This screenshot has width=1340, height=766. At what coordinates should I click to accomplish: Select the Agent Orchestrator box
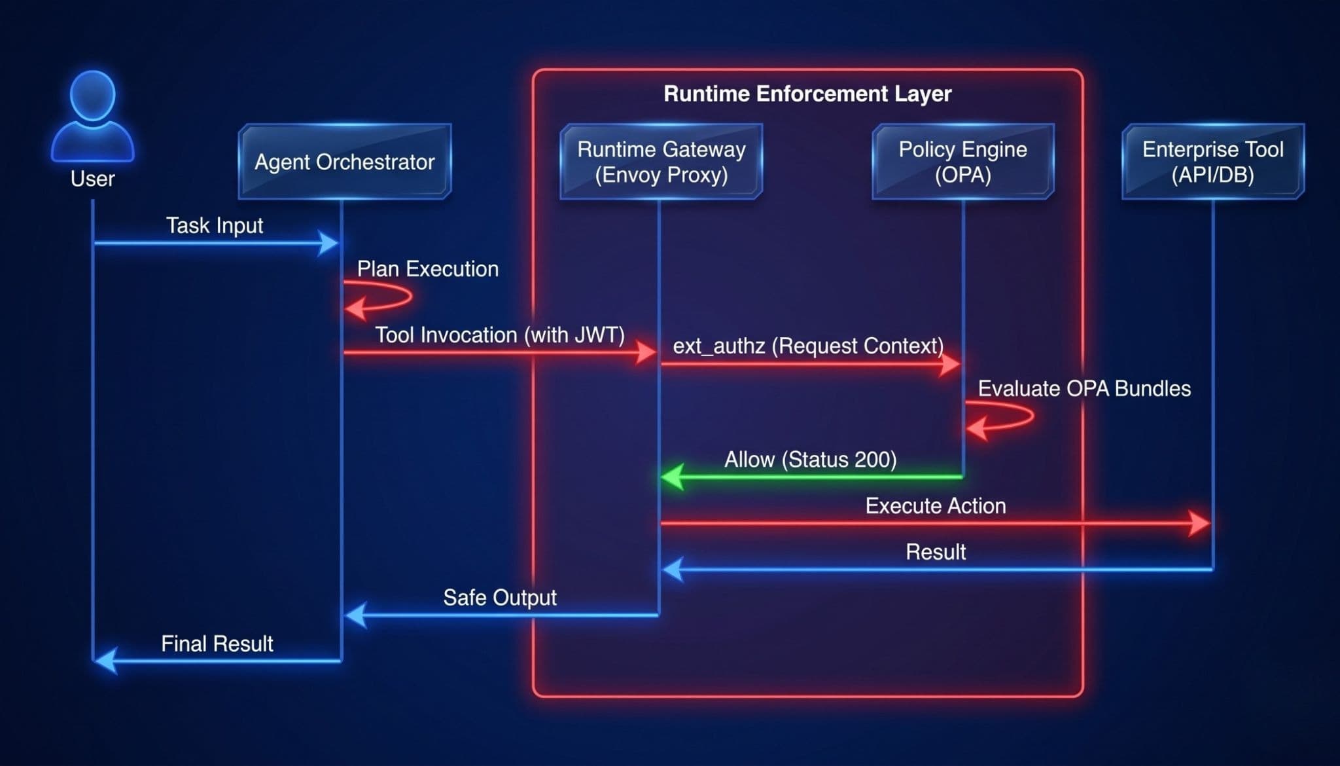tap(345, 161)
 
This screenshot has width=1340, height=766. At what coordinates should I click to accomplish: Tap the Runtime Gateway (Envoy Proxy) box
tap(661, 161)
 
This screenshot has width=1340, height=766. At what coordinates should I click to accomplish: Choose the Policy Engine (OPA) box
tap(962, 161)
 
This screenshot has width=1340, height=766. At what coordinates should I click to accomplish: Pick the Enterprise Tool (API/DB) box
tap(1212, 161)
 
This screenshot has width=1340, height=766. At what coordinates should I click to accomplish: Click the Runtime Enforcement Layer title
tap(807, 94)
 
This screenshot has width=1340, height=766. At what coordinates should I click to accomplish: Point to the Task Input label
tap(215, 225)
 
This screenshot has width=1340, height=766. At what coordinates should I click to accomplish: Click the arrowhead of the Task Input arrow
tap(329, 244)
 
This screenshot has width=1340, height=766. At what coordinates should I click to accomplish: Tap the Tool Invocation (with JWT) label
tap(500, 335)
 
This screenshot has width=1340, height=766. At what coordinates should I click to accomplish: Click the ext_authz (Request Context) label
tap(808, 346)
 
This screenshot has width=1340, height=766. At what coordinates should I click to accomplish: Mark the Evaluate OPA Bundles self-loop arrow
tap(1032, 416)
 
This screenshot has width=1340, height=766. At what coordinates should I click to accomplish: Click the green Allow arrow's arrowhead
tap(672, 477)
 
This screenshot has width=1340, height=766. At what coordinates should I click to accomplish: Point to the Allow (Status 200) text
tap(810, 460)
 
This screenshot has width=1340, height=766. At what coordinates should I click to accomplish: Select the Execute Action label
tap(936, 505)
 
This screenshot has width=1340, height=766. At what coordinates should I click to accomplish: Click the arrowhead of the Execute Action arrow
tap(1200, 523)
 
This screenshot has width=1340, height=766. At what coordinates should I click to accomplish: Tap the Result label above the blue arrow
tap(936, 552)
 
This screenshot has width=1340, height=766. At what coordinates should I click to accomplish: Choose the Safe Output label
tap(500, 597)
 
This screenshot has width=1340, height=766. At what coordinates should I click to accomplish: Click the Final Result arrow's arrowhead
tap(106, 661)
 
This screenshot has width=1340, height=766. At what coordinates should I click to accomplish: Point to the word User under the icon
tap(93, 179)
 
